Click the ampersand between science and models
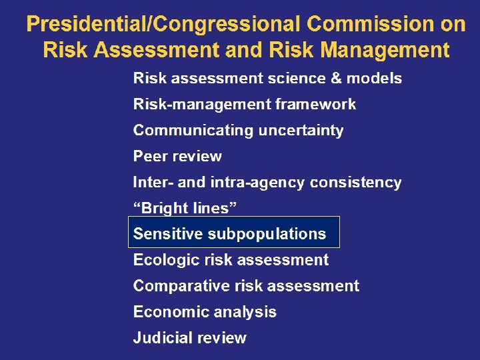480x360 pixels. tap(337, 79)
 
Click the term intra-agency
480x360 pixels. tap(263, 183)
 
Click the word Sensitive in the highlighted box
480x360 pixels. tap(168, 234)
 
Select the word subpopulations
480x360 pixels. tap(267, 234)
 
